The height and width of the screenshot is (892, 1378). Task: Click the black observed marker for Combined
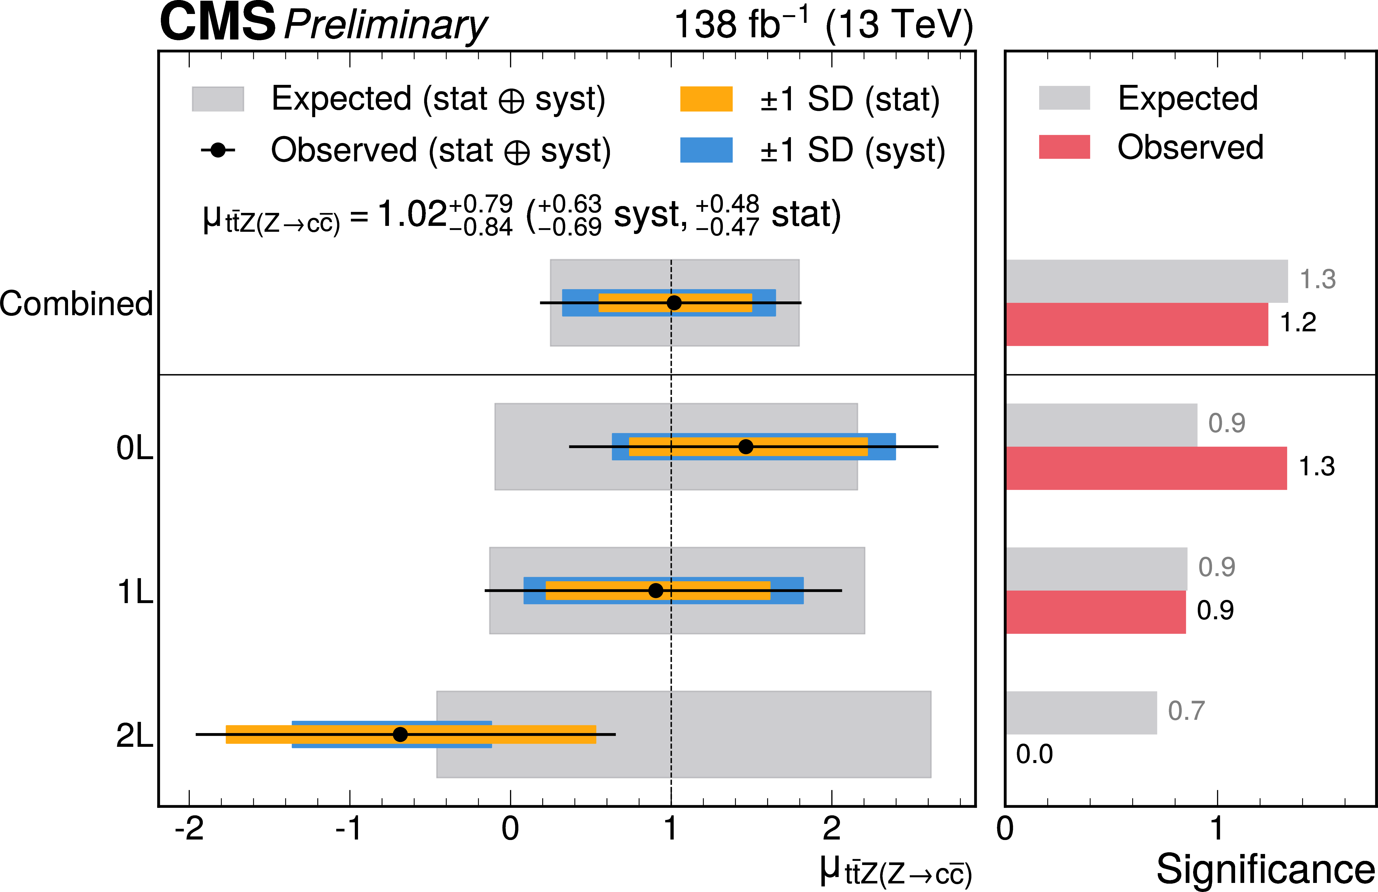tap(674, 303)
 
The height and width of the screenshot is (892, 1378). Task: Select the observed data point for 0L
tap(746, 447)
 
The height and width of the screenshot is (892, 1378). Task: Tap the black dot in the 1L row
tap(655, 591)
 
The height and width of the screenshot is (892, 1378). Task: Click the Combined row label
tap(76, 304)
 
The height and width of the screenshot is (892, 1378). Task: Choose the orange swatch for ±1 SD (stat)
tap(706, 99)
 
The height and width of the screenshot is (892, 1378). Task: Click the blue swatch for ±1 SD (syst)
tap(706, 150)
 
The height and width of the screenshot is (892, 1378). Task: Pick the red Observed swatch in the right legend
tap(1064, 147)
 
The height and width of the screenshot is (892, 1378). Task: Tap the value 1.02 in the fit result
tap(412, 215)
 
